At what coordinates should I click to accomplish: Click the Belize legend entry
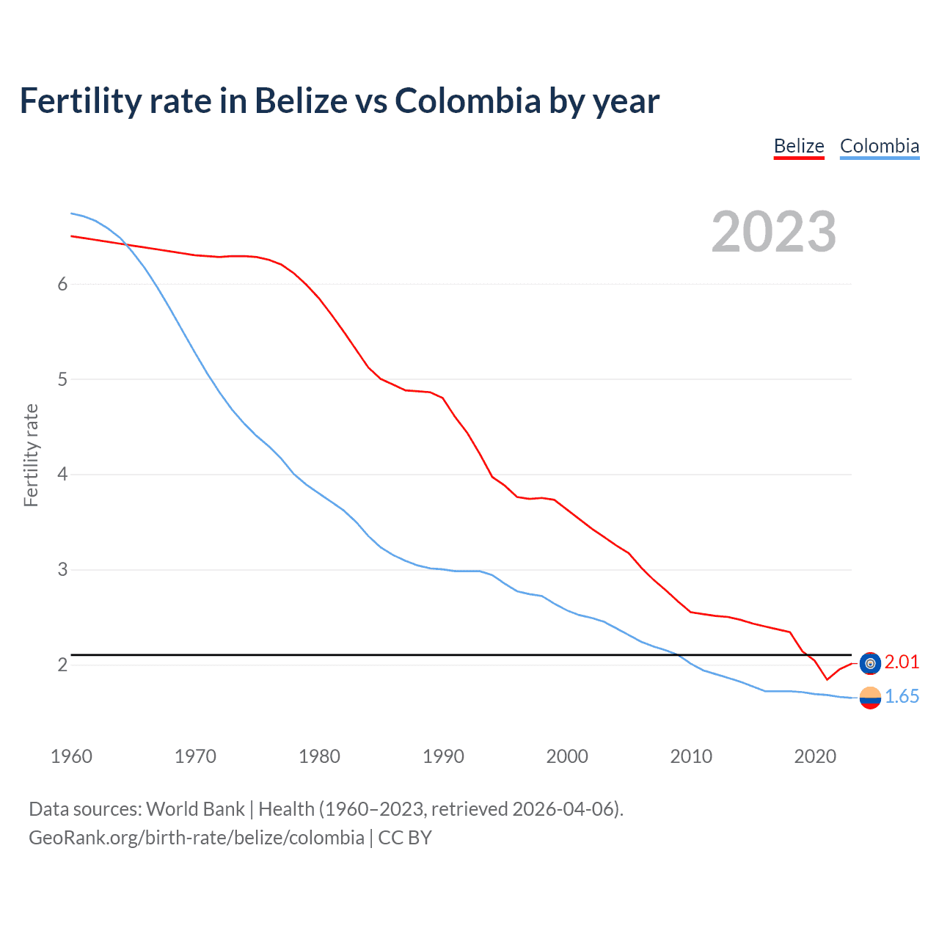click(x=799, y=146)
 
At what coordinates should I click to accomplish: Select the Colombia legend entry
click(x=879, y=146)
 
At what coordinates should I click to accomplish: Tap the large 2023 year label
click(x=773, y=232)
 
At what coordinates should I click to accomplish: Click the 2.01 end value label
click(x=902, y=662)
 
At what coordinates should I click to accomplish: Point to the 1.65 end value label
click(x=902, y=696)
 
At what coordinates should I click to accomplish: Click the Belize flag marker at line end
click(x=870, y=663)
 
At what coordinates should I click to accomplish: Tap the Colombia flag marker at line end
click(x=870, y=698)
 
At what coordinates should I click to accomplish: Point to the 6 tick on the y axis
click(x=62, y=285)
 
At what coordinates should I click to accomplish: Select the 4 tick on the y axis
click(x=62, y=475)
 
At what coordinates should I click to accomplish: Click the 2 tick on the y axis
click(x=62, y=665)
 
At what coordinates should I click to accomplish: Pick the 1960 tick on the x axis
click(x=71, y=756)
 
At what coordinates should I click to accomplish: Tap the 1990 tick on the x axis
click(x=443, y=756)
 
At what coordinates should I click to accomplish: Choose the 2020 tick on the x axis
click(x=815, y=756)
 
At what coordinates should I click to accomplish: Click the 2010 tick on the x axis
click(x=691, y=756)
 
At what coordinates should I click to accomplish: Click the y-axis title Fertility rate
click(x=31, y=455)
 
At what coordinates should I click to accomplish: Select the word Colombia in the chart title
click(x=468, y=101)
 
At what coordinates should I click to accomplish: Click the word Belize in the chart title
click(x=301, y=101)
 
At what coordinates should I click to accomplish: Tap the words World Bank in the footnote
click(x=195, y=809)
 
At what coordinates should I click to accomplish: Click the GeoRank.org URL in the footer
click(x=197, y=838)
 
